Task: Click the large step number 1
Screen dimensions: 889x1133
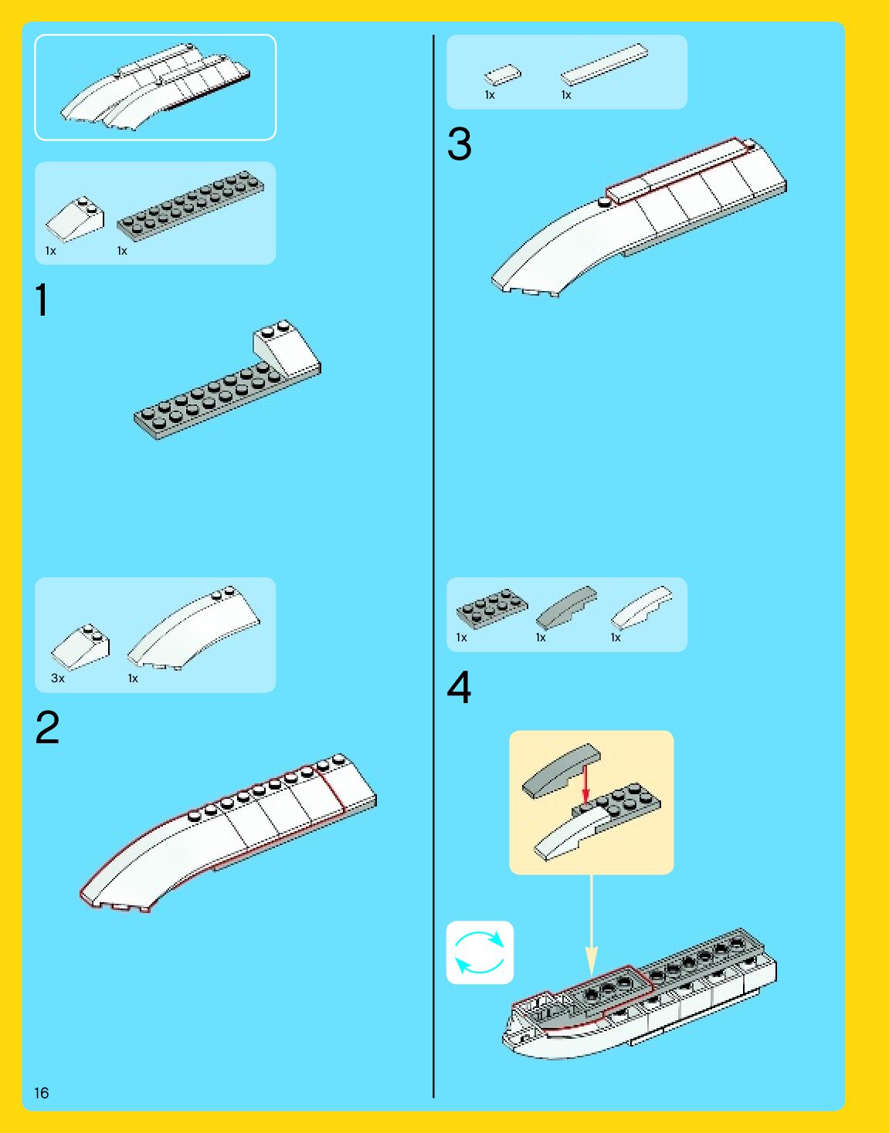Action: tap(42, 300)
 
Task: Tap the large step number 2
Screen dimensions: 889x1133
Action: tap(47, 728)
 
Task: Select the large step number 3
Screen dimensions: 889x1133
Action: tap(460, 144)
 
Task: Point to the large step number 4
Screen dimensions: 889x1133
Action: tap(460, 688)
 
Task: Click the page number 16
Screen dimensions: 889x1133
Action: tap(41, 1093)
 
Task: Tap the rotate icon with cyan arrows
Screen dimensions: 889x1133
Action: tap(480, 952)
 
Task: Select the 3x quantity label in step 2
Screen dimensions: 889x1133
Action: tap(58, 678)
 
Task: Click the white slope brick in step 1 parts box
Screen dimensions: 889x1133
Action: tap(75, 219)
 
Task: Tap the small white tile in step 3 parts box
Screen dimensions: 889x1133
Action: tap(502, 75)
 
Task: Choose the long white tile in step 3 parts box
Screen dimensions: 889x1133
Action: tap(604, 63)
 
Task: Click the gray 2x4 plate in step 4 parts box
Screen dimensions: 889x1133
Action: tap(492, 607)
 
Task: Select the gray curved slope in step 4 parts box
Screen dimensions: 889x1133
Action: tap(567, 606)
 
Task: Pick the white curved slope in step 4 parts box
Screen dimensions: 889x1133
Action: tap(641, 607)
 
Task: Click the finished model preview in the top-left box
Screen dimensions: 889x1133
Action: tap(154, 86)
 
